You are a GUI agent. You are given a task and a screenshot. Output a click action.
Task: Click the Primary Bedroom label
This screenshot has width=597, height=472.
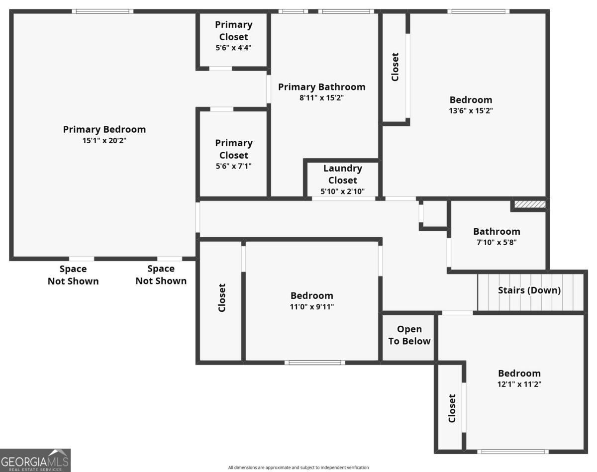pos(104,129)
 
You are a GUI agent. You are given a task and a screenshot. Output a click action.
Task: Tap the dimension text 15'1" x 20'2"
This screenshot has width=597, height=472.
pos(104,141)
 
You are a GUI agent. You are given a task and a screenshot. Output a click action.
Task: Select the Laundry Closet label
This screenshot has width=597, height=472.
pos(343,174)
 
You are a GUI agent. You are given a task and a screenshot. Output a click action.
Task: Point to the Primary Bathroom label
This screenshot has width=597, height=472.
pos(321,87)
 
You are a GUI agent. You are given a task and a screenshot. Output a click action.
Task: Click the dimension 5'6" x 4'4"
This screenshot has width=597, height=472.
pos(234,48)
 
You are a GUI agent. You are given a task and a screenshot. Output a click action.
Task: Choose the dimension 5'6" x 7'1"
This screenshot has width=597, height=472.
pos(234,166)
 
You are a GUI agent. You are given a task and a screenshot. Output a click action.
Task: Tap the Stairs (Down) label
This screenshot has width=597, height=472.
pos(529,290)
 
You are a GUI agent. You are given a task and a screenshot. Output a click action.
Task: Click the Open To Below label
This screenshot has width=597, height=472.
pos(409,335)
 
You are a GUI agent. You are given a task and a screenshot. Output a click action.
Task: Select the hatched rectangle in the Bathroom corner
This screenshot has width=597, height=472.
pos(530,204)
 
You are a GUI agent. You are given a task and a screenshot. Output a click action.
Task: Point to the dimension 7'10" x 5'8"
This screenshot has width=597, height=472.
pos(497,243)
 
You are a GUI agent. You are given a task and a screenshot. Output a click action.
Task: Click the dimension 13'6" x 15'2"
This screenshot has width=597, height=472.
pos(471,111)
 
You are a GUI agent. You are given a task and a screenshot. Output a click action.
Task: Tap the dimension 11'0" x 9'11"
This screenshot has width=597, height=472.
pos(312,307)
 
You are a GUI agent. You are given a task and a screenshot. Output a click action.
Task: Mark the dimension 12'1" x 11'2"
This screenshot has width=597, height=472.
pos(519,384)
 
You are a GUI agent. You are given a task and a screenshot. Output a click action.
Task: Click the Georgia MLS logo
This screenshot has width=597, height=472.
pos(35,460)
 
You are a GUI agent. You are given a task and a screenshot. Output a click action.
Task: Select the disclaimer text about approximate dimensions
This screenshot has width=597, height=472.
pos(298,468)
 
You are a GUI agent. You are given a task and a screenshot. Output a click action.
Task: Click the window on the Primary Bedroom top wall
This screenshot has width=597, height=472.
pos(102,11)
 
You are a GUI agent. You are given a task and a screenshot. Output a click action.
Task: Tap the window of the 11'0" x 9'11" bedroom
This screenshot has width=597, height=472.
pos(315,363)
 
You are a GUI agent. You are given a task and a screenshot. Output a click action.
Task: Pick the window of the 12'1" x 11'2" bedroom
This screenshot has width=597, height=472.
pos(512,452)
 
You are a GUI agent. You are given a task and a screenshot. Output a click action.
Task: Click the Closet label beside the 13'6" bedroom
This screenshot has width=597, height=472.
pos(395,67)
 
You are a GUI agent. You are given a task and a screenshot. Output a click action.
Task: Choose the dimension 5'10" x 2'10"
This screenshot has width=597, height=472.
pos(343,191)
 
